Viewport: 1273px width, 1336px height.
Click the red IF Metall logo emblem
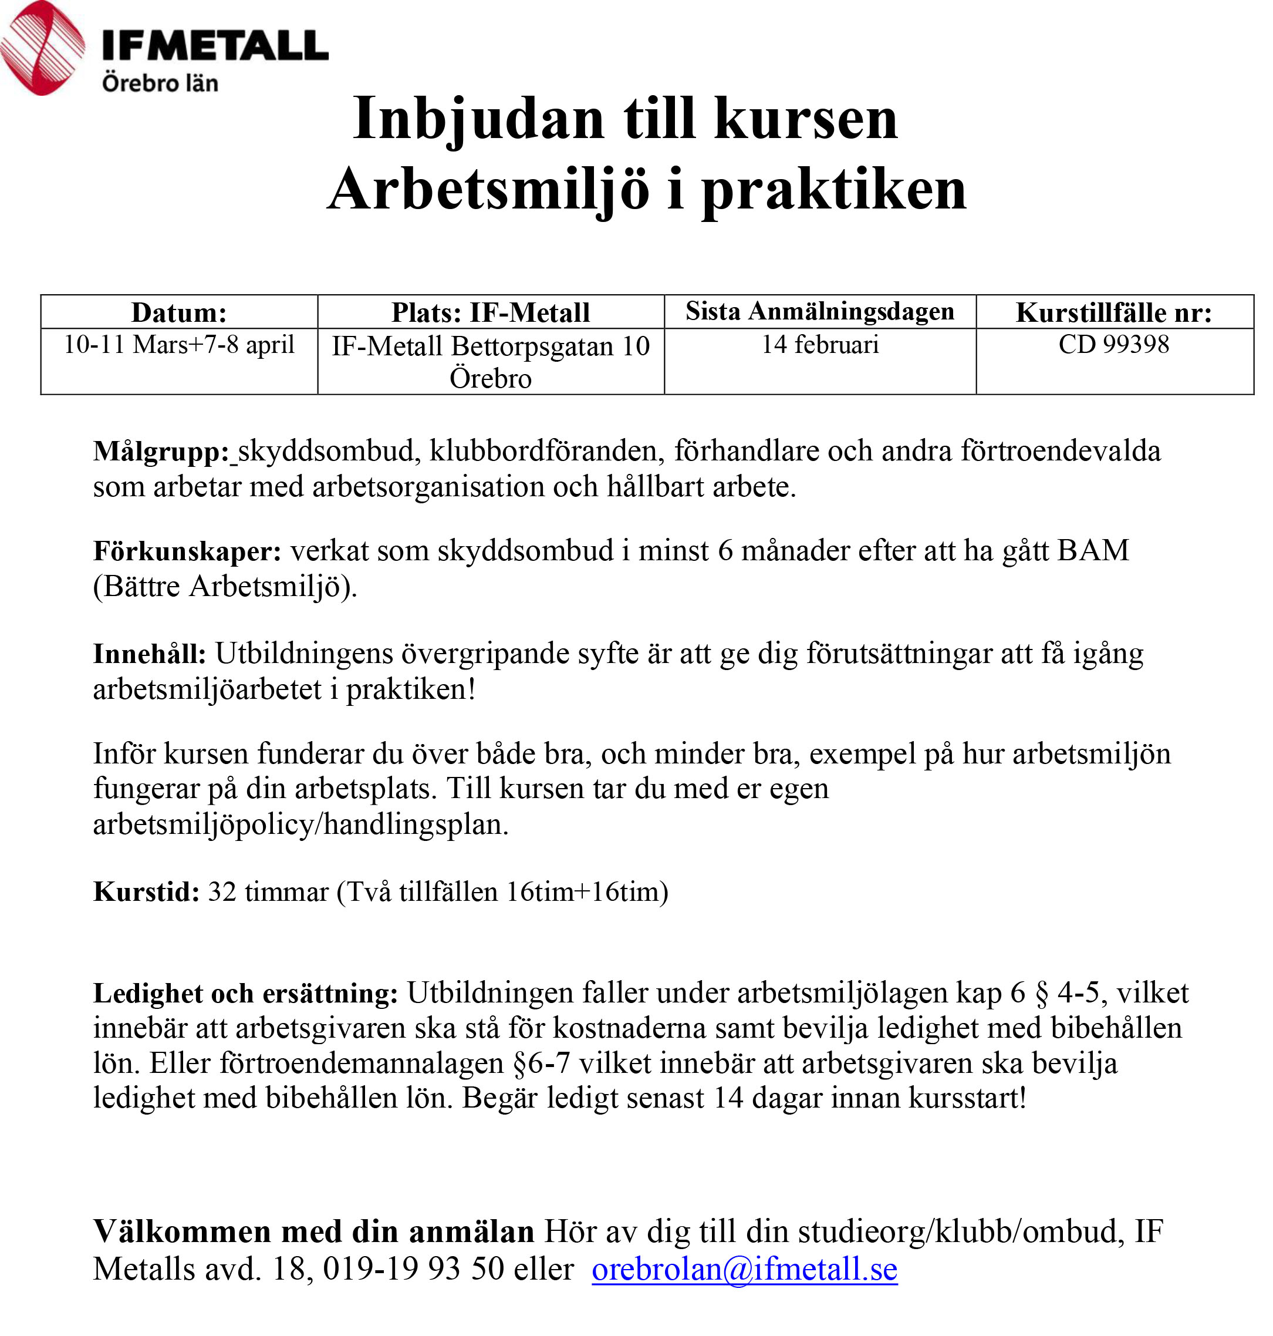click(x=42, y=48)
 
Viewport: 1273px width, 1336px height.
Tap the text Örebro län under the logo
click(x=160, y=83)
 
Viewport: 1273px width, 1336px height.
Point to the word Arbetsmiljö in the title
click(x=488, y=190)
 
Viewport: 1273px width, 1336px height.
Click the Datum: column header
click(x=179, y=312)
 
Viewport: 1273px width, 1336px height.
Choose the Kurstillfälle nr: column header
click(x=1113, y=312)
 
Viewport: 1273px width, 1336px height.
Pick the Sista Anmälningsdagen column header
click(x=820, y=312)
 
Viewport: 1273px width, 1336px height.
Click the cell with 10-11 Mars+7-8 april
click(x=179, y=345)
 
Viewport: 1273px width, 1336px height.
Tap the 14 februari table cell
click(x=820, y=345)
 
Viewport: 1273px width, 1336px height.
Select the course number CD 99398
click(x=1113, y=345)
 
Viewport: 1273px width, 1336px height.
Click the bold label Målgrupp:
click(x=161, y=452)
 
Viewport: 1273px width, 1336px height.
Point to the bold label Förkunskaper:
click(x=187, y=551)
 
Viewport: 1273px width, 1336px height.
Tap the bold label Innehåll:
click(x=149, y=654)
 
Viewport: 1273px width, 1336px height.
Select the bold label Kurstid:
click(x=147, y=892)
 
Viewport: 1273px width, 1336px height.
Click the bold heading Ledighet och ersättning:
click(x=246, y=993)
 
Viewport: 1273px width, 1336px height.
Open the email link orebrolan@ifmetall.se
click(x=744, y=1269)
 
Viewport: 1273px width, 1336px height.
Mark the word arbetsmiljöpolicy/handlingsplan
click(x=300, y=824)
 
